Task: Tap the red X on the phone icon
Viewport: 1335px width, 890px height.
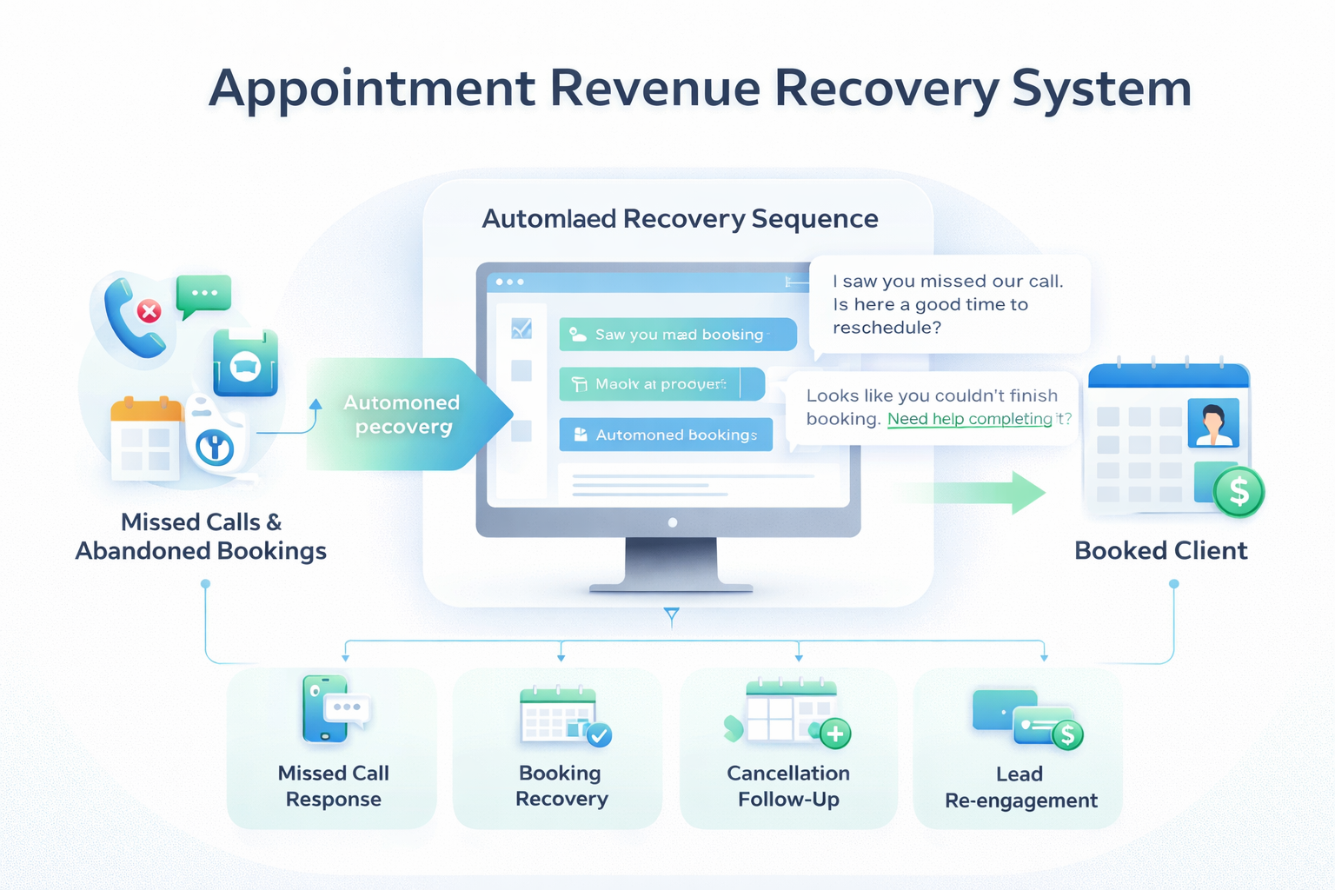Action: [x=149, y=310]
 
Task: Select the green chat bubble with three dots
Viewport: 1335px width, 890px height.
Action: [x=203, y=294]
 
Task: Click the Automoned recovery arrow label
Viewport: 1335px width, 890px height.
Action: [x=402, y=415]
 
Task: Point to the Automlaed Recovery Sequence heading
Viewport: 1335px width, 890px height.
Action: [x=680, y=219]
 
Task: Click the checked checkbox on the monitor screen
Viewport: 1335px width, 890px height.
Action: [x=521, y=329]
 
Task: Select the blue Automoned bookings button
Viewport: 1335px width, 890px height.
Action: [x=666, y=435]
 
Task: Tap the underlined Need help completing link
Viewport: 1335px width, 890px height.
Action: [x=969, y=419]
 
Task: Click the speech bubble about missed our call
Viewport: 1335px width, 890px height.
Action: [x=948, y=304]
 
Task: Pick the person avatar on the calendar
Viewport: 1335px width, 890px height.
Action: [x=1212, y=422]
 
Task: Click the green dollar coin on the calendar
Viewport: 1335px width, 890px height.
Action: [x=1239, y=492]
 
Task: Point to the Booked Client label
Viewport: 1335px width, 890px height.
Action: [x=1160, y=551]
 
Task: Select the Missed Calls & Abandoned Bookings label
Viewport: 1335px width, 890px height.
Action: [x=201, y=536]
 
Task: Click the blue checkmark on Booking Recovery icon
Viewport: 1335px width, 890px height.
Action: [x=599, y=734]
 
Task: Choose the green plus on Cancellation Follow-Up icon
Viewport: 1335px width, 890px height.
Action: [x=835, y=734]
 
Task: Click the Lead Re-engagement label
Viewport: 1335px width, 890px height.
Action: [x=1020, y=787]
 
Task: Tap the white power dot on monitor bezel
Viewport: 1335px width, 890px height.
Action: [x=672, y=522]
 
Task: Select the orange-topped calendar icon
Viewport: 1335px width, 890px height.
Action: [x=145, y=437]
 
